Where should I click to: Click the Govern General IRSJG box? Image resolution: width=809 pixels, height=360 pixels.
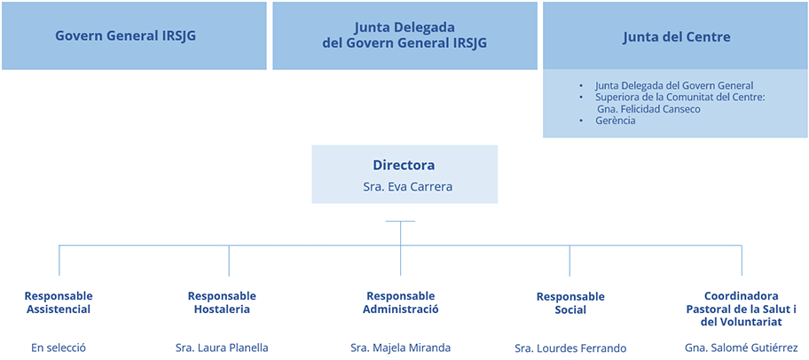134,36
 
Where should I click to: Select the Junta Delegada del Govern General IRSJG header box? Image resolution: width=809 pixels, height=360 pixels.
404,36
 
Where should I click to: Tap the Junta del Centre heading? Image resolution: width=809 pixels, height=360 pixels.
676,37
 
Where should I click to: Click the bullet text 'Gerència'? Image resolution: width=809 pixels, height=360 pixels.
616,121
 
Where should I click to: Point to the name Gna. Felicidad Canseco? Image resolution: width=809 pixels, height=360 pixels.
648,109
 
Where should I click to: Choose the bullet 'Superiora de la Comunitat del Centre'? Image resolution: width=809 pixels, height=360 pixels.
679,98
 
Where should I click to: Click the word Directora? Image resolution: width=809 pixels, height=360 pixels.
404,166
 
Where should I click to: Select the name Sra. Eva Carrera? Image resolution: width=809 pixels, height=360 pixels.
404,187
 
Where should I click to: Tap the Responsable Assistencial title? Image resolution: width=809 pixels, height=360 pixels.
59,302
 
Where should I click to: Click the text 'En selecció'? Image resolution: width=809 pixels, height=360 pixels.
59,348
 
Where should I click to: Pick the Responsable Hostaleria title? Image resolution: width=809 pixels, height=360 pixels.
222,302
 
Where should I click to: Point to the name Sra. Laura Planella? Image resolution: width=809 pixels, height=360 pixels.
222,348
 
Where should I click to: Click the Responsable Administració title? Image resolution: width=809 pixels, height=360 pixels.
400,302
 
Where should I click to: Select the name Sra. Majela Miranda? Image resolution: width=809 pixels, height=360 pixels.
400,348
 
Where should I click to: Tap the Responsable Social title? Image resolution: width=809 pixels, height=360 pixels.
570,303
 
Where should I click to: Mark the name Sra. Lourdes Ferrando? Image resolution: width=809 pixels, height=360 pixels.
570,348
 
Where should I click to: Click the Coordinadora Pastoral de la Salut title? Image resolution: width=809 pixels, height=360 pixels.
742,309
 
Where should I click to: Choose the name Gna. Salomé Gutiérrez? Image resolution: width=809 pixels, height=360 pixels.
742,348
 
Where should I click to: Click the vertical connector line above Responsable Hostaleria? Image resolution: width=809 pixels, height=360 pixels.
229,260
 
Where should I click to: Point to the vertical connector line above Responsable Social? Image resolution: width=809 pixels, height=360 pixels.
569,260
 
